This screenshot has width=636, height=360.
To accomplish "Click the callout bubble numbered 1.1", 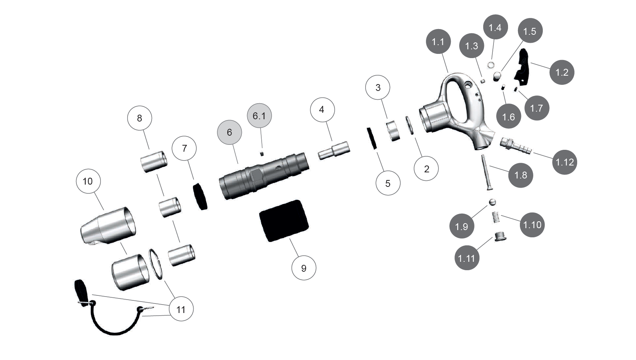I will (438, 42).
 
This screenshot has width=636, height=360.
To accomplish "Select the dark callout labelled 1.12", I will (565, 162).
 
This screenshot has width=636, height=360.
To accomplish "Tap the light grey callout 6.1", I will (259, 116).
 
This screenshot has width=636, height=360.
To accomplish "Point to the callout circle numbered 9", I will (304, 268).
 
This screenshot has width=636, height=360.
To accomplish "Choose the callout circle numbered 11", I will (181, 309).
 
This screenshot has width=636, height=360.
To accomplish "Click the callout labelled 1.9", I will (461, 227).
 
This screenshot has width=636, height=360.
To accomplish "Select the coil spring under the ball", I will (496, 217).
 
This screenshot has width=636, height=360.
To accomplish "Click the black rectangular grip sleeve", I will (284, 221).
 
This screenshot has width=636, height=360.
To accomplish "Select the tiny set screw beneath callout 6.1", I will (262, 154).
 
